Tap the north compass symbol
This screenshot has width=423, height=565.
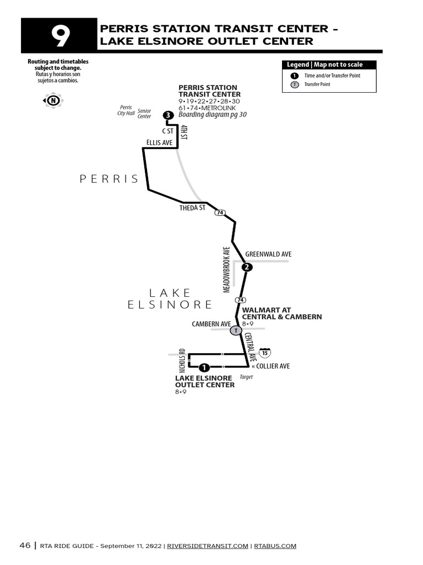[53, 100]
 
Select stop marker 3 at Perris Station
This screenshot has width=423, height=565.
[168, 115]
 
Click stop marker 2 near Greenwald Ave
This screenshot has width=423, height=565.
[247, 268]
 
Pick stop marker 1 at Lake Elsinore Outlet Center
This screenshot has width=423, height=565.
[204, 367]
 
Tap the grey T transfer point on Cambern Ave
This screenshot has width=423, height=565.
[235, 331]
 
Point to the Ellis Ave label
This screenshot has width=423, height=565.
[160, 143]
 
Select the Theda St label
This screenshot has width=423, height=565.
[192, 208]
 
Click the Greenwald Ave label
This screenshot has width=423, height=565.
[268, 254]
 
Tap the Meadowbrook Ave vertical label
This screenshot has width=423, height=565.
[226, 269]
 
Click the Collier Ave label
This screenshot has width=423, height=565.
[270, 366]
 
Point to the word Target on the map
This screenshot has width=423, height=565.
[246, 377]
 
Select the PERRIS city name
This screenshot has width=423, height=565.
[109, 179]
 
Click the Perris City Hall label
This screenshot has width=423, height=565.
[126, 110]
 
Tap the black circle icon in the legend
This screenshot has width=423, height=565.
[295, 76]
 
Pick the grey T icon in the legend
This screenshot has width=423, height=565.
[295, 84]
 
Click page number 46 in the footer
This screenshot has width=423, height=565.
[25, 546]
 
